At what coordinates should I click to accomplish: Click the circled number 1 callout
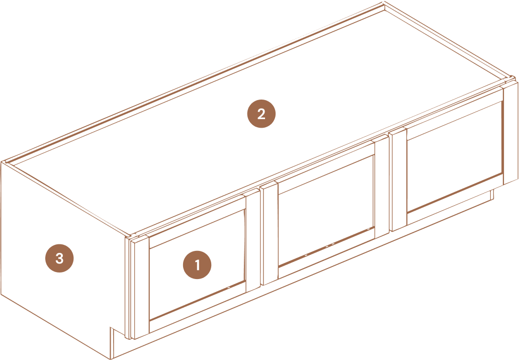(x=197, y=265)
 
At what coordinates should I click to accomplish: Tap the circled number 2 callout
(x=262, y=114)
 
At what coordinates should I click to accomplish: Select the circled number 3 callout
(x=59, y=258)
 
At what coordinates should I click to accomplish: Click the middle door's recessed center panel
(x=326, y=210)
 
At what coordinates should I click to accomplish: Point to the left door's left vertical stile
(x=140, y=289)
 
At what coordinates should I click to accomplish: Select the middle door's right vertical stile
(x=382, y=187)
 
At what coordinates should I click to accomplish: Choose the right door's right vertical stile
(x=510, y=133)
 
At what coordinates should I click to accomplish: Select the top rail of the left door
(x=197, y=221)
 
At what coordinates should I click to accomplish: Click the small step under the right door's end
(x=492, y=195)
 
